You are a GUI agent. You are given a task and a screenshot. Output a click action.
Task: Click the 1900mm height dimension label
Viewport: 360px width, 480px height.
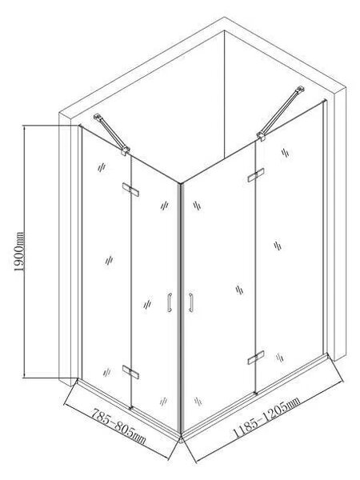click(x=19, y=252)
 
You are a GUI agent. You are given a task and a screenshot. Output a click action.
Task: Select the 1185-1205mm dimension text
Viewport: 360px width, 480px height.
click(x=266, y=417)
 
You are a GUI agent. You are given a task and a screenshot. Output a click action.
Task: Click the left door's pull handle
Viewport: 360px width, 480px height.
click(x=170, y=302)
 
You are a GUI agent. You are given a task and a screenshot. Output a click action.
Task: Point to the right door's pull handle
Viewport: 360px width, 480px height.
click(x=190, y=302)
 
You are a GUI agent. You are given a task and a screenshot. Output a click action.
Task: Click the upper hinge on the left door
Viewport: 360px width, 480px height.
click(x=130, y=190)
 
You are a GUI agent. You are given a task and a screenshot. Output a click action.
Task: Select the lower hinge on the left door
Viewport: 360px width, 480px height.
click(x=130, y=372)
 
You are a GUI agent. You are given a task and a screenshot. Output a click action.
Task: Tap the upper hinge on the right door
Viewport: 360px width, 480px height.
click(x=256, y=175)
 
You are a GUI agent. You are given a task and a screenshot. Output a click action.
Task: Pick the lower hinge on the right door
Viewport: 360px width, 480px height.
click(x=256, y=358)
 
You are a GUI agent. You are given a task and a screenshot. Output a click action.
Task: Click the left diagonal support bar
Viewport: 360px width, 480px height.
click(x=112, y=134)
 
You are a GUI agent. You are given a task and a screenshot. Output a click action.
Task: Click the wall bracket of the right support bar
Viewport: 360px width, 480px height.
click(x=300, y=90)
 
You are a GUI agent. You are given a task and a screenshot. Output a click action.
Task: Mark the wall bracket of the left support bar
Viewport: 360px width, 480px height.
click(x=98, y=118)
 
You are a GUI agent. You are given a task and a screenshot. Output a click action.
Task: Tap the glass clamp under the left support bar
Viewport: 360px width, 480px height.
click(x=126, y=151)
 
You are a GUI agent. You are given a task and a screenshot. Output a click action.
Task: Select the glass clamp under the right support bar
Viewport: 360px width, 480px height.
click(x=261, y=136)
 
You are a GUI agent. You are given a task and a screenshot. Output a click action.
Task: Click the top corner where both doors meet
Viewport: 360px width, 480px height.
click(x=181, y=184)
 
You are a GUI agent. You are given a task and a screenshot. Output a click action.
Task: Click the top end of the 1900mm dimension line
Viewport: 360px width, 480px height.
click(x=24, y=126)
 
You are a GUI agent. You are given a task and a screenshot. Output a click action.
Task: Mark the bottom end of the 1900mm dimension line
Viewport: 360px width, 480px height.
click(x=24, y=378)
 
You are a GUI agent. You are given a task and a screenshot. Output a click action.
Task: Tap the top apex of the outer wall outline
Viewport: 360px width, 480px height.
click(x=224, y=17)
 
